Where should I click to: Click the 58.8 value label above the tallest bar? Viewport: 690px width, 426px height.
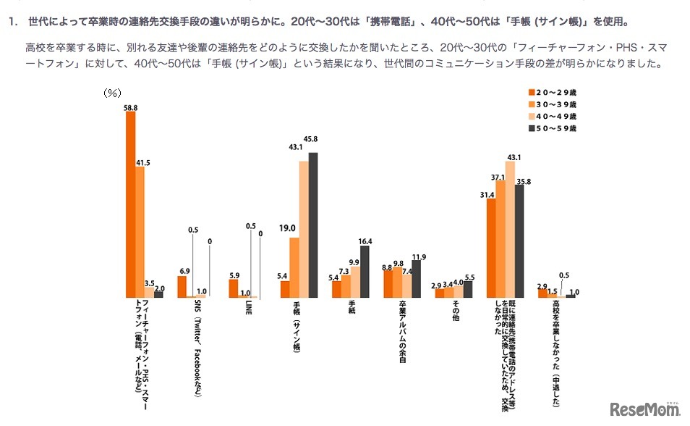[131, 107]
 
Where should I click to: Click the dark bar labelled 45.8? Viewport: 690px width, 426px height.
[313, 225]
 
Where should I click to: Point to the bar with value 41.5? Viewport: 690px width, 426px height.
[140, 233]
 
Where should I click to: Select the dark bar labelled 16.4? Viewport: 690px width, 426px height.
[365, 272]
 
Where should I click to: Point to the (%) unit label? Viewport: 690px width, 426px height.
[112, 93]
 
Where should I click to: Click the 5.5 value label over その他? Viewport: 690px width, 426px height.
[469, 276]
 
